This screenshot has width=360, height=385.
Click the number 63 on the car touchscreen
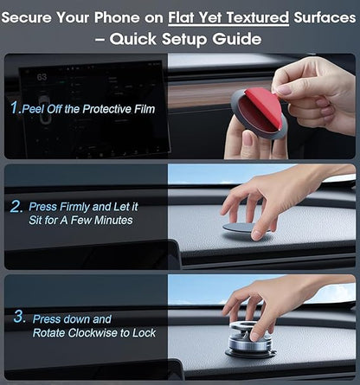[x=42, y=77]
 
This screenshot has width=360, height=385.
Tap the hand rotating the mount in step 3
[x=260, y=303]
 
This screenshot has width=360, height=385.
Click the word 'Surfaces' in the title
[x=320, y=16]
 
